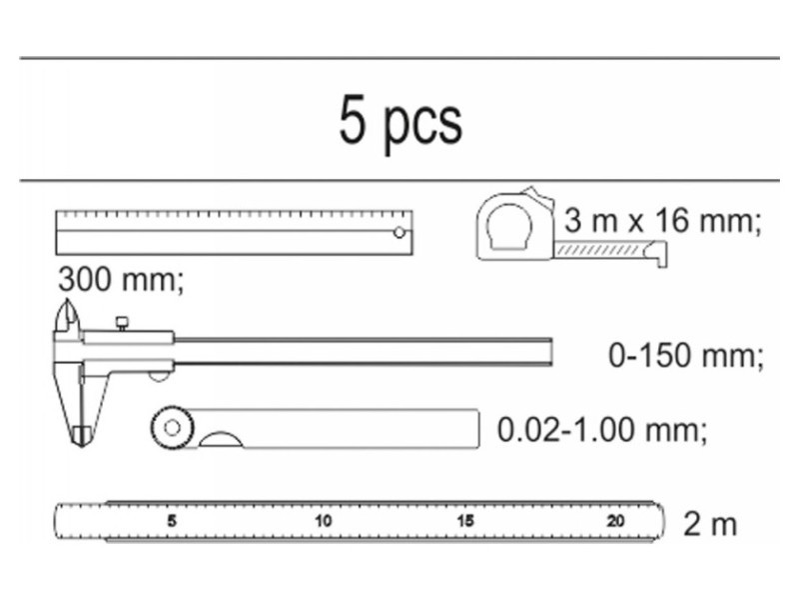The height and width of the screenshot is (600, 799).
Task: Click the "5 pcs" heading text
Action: coord(400,122)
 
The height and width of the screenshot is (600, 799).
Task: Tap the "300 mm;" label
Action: coord(120,280)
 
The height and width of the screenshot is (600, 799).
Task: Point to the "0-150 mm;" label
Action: coord(686,355)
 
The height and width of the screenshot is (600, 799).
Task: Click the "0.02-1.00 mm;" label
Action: coord(602,430)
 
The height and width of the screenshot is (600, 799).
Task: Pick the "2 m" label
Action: coord(710,524)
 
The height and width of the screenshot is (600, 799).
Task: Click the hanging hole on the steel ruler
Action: coord(399,233)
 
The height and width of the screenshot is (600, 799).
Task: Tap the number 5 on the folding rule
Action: coord(172,521)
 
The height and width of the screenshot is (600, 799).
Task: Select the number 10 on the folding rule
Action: coord(323,521)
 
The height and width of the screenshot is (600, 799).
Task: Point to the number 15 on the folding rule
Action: coord(465,521)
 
